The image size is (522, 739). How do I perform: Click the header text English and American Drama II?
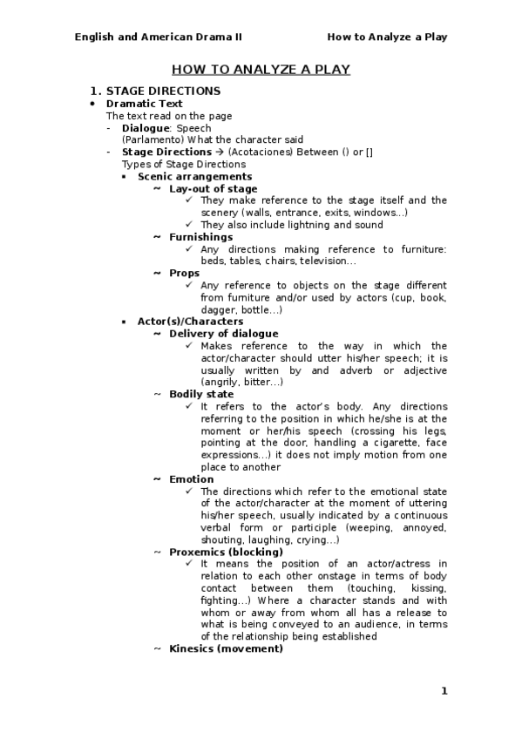tap(159, 37)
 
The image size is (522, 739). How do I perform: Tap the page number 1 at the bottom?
tap(444, 691)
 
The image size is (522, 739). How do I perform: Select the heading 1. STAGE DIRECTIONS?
tap(156, 91)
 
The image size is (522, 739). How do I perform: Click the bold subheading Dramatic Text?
tap(145, 104)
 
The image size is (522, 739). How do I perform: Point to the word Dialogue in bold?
tap(146, 127)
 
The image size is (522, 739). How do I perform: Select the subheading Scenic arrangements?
tap(183, 176)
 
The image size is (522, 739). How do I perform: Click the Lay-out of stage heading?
tap(213, 188)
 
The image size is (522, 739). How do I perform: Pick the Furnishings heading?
tap(200, 237)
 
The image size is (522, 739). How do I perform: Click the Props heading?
tap(184, 273)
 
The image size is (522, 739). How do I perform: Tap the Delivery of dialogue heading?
tap(223, 334)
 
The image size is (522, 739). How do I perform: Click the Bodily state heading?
tap(201, 394)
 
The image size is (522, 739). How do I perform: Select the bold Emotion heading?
tap(191, 479)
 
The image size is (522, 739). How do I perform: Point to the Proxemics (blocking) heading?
tap(226, 552)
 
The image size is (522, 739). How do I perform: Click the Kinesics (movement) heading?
tap(226, 648)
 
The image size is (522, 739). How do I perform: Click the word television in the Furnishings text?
tap(325, 261)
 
